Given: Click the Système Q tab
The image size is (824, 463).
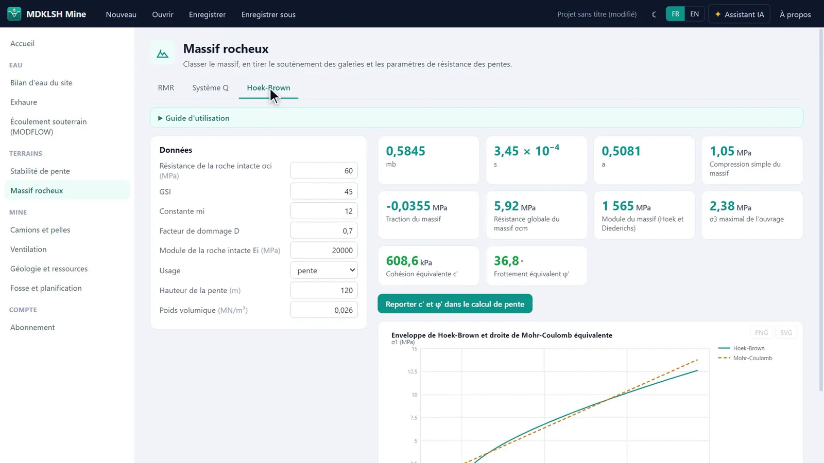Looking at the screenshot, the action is click(x=210, y=88).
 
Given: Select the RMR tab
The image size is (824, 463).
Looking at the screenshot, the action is click(x=166, y=88).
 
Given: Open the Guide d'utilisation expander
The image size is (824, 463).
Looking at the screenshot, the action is click(x=194, y=118).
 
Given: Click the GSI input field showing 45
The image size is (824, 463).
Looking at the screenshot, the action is click(x=324, y=191).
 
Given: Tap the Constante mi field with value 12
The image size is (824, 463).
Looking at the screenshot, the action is click(x=324, y=211).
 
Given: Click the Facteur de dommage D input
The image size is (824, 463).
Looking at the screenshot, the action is click(x=324, y=231).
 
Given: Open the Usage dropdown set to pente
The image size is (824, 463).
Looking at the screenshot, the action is click(x=324, y=271).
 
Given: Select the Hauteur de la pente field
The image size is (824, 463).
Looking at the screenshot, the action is click(x=324, y=290).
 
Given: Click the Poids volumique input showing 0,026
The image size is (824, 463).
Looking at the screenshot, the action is click(x=324, y=310).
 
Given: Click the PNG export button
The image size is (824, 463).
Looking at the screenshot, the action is click(x=761, y=332).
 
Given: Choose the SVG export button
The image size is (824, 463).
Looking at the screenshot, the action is click(x=786, y=332).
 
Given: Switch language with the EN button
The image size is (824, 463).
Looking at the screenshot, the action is click(x=694, y=14).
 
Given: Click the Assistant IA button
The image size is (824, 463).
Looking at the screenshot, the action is click(x=739, y=14).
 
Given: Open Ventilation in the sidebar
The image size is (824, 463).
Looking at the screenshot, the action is click(x=28, y=249).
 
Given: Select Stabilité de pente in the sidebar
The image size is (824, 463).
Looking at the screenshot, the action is click(x=40, y=171).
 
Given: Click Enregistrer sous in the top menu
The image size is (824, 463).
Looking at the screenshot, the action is click(x=268, y=14).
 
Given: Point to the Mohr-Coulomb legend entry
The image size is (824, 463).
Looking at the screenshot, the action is click(x=745, y=358).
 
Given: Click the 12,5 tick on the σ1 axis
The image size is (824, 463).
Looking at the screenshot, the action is click(x=412, y=371).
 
